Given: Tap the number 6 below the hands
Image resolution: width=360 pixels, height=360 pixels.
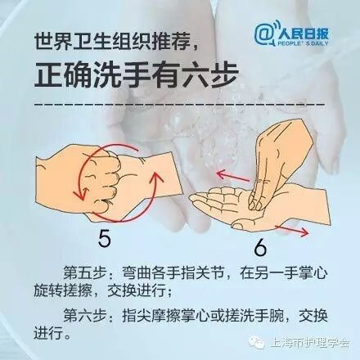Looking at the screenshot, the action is (260, 248).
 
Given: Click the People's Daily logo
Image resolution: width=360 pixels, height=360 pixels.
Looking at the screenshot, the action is (291, 34).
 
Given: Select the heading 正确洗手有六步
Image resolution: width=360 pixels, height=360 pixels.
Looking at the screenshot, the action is (137, 74).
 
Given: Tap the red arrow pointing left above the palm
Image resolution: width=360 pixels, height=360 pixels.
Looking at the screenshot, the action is (232, 176).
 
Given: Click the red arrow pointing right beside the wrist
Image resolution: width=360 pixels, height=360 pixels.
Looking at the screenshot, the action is (292, 231).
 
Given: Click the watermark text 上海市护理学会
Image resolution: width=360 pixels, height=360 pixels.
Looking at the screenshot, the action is (310, 342).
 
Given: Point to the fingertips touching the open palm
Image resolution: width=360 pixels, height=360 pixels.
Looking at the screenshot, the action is (255, 203).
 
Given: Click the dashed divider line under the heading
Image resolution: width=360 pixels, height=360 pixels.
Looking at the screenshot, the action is (179, 105).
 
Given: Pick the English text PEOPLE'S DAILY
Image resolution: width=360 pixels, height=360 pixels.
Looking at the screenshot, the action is (304, 43).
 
